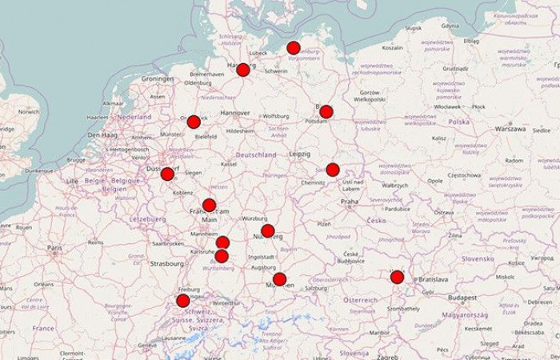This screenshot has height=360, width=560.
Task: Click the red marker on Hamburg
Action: pos(243,70)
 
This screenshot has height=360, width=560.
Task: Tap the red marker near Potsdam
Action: pos(326,111)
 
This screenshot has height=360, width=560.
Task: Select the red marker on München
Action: pos(279,279)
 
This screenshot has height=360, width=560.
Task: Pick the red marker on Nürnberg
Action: pos(268,231)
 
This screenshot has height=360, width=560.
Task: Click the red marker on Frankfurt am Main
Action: pos(209,205)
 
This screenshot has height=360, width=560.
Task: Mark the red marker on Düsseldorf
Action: pos(167,174)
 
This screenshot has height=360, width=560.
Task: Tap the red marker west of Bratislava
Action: pos(397,277)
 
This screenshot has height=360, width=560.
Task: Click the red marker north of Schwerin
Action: pos(294,47)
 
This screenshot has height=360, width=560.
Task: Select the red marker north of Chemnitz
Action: pos(333,170)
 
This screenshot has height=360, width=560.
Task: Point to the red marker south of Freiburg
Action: pos(182,301)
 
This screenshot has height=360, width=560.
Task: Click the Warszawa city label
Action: pos(510,128)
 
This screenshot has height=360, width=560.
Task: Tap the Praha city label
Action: pos(350,202)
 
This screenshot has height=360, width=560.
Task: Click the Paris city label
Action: pos(54,248)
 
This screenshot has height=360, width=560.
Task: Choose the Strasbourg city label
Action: pos(166,262)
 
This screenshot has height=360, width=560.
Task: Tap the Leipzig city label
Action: pos(300,154)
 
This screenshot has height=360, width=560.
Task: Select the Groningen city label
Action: pos(158,79)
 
